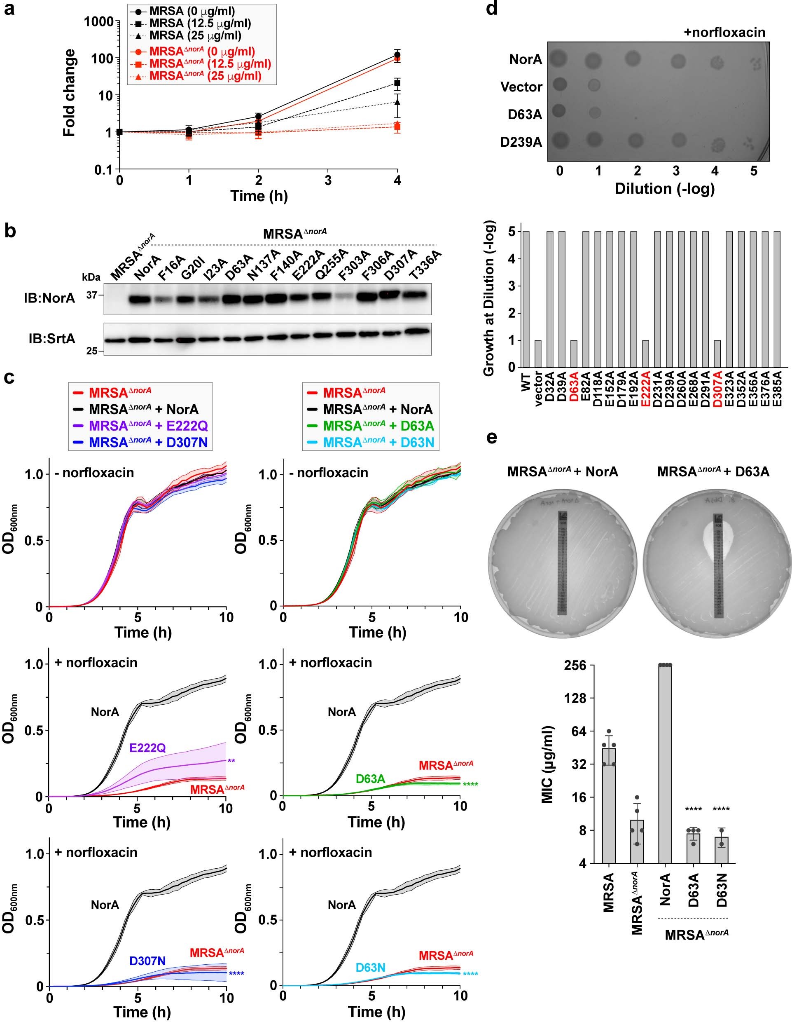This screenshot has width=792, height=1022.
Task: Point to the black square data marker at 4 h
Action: point(397,83)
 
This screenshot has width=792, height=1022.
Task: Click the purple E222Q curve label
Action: point(147,748)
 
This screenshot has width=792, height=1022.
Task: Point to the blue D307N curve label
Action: point(147,961)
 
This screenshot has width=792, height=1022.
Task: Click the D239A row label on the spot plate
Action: point(521,142)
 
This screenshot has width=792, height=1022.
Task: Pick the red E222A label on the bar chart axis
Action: point(646,388)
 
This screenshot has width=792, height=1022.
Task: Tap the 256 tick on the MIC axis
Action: point(574,665)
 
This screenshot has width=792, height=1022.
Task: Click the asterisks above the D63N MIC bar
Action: point(721,809)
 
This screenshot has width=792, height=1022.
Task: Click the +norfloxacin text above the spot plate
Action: point(724,32)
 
